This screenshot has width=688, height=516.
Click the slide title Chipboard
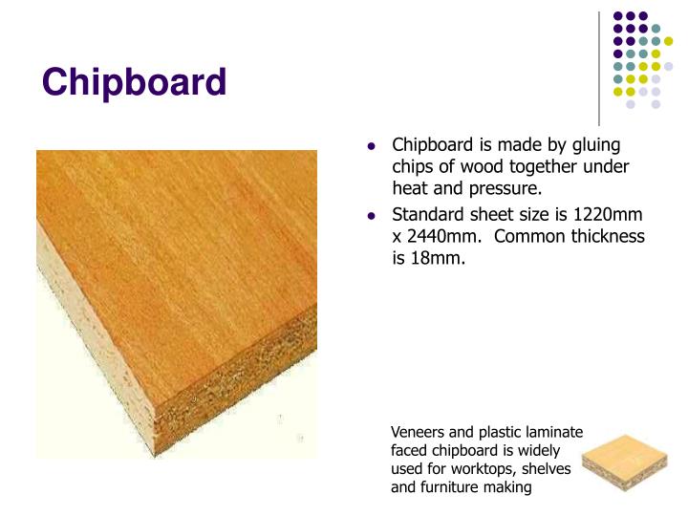click(134, 82)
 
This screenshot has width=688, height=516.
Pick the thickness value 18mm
click(436, 258)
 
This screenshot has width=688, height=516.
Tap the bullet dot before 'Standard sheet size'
click(372, 215)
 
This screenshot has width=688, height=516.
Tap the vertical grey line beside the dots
click(599, 67)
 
